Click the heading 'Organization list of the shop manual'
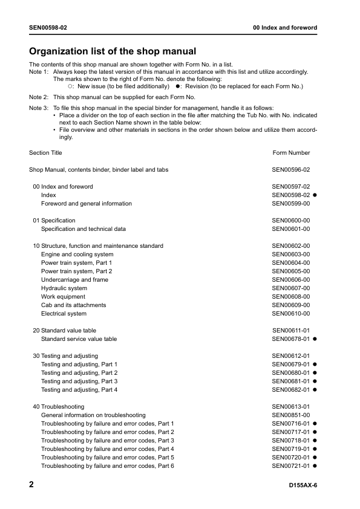(x=113, y=51)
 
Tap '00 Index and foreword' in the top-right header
(x=285, y=28)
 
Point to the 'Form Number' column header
(x=291, y=153)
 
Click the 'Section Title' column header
(x=45, y=153)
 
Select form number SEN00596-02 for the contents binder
(x=291, y=170)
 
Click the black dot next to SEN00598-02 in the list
(x=315, y=195)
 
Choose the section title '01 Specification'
(x=54, y=221)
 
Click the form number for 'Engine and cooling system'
(x=291, y=254)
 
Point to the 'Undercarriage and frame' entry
(x=74, y=280)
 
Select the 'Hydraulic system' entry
(x=64, y=288)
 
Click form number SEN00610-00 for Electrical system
(x=291, y=314)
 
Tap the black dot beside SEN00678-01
(x=315, y=339)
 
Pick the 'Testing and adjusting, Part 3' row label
(x=79, y=381)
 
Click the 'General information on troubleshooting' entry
(x=93, y=415)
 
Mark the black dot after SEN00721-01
(x=315, y=466)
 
